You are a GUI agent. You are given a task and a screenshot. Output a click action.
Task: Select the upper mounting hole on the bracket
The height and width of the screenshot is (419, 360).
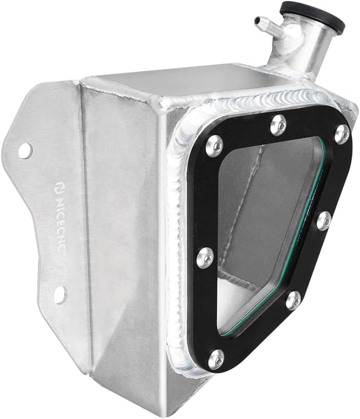pyautogui.click(x=25, y=150)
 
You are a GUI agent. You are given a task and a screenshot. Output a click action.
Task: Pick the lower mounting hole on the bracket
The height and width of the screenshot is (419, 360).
pyautogui.click(x=60, y=295)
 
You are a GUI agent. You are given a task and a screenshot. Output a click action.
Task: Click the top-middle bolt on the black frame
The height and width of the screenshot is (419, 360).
pyautogui.click(x=279, y=124)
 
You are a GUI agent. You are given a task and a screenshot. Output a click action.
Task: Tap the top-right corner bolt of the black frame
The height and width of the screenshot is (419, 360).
pyautogui.click(x=342, y=134)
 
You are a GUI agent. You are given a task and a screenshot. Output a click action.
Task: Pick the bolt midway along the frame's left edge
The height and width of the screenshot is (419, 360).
pyautogui.click(x=204, y=257)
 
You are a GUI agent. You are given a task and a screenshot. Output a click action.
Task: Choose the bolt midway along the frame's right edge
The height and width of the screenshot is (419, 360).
pyautogui.click(x=324, y=221)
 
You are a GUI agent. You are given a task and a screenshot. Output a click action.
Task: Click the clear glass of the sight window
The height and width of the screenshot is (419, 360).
pyautogui.click(x=263, y=221)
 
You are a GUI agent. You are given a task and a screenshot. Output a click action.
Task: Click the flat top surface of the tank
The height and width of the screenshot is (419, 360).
pyautogui.click(x=188, y=78)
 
